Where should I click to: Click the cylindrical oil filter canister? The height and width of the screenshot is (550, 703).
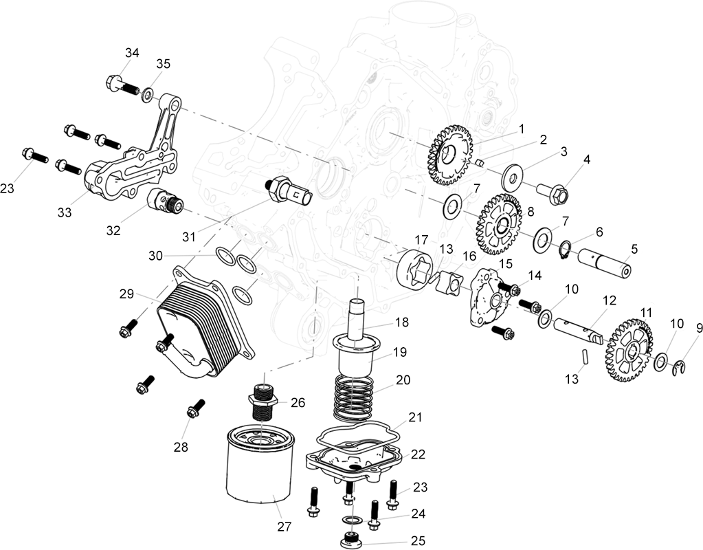click(260, 463)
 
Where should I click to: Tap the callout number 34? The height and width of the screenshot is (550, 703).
click(132, 53)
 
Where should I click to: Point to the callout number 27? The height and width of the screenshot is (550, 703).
click(284, 526)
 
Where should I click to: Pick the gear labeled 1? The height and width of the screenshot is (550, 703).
click(449, 155)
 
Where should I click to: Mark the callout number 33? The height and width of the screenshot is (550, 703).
click(65, 212)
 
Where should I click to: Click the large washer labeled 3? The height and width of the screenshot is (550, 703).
click(513, 175)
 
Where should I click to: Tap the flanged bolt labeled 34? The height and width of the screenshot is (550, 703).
click(124, 85)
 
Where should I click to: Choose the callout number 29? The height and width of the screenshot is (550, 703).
click(127, 294)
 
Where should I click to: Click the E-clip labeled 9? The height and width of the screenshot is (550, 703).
click(680, 368)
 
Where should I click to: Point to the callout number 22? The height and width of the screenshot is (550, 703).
click(418, 454)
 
